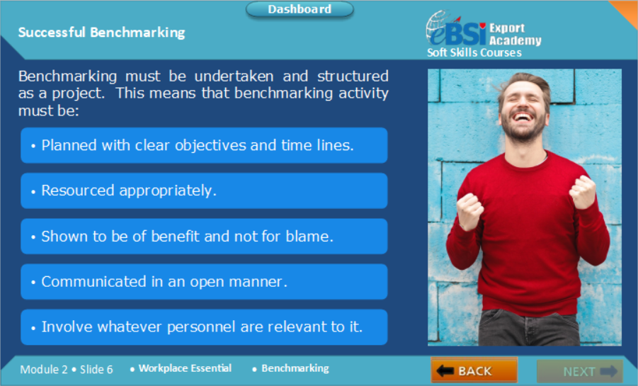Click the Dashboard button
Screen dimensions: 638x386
tap(300, 9)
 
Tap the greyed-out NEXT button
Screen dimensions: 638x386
tap(580, 371)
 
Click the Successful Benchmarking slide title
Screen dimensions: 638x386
tap(101, 33)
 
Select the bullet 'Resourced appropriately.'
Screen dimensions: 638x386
tap(204, 191)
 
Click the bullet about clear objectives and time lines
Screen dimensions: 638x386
tap(204, 145)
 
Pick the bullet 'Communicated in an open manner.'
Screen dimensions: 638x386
tap(204, 282)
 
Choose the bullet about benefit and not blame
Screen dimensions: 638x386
tap(204, 236)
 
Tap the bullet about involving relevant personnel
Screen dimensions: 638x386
tap(204, 327)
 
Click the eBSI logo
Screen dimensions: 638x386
tap(456, 29)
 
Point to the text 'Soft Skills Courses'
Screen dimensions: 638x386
tap(474, 52)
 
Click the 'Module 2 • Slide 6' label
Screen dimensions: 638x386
tap(67, 369)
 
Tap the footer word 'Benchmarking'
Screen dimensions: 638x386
tap(295, 368)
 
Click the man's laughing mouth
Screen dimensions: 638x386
tap(523, 118)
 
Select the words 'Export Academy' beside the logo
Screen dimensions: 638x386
tap(515, 34)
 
